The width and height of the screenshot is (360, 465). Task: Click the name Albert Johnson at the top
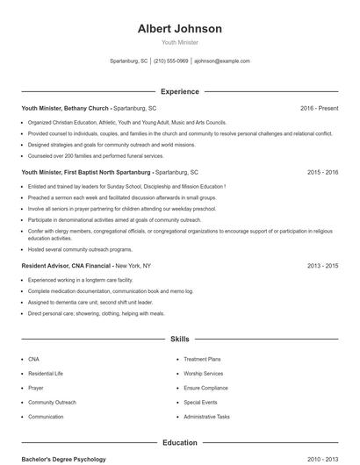pyautogui.click(x=180, y=29)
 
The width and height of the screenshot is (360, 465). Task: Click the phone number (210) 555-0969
pyautogui.click(x=171, y=61)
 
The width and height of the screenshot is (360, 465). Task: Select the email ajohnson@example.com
pyautogui.click(x=222, y=61)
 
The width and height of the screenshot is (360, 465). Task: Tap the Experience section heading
pyautogui.click(x=180, y=91)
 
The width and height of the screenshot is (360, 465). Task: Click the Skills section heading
pyautogui.click(x=180, y=338)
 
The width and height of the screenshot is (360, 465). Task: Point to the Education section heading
pyautogui.click(x=180, y=443)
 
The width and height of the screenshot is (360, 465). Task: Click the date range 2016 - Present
pyautogui.click(x=319, y=108)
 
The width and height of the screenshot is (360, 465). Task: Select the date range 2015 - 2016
pyautogui.click(x=322, y=173)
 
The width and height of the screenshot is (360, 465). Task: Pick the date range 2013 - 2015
pyautogui.click(x=322, y=264)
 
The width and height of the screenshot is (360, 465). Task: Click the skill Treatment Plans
pyautogui.click(x=202, y=359)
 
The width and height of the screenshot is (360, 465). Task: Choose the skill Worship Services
pyautogui.click(x=204, y=373)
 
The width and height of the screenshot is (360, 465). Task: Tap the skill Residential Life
pyautogui.click(x=46, y=373)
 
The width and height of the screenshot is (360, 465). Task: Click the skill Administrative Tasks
pyautogui.click(x=207, y=417)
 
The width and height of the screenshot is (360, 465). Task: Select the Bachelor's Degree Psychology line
pyautogui.click(x=63, y=459)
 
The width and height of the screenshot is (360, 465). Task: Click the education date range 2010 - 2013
pyautogui.click(x=322, y=459)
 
